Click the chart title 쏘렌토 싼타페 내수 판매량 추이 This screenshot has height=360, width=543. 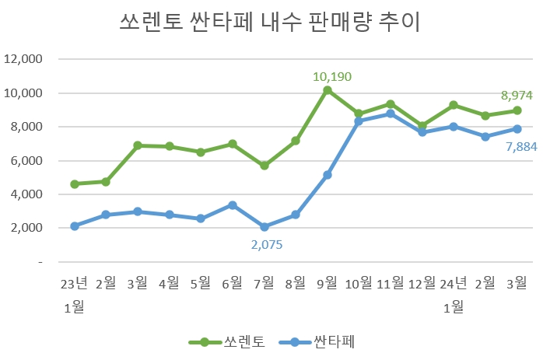(270, 23)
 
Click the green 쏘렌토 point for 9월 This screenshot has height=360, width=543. (328, 91)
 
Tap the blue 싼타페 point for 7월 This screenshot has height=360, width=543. (264, 227)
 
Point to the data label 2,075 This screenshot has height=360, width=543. (266, 244)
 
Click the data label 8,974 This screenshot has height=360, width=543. (516, 96)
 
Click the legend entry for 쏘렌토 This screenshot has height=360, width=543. (229, 341)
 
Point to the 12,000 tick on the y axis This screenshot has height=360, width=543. (23, 59)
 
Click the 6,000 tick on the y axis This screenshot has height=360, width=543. (26, 161)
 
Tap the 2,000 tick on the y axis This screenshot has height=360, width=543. (26, 229)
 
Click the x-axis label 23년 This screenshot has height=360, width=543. (75, 282)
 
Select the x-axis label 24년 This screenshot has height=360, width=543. (454, 282)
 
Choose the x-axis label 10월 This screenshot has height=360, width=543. (359, 282)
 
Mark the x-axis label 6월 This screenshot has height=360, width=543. (233, 282)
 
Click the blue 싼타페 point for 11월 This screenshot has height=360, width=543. (391, 114)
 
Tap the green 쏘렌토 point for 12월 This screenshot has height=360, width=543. (422, 125)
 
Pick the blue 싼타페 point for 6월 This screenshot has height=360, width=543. (233, 205)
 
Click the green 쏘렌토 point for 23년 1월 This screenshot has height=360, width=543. (75, 184)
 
